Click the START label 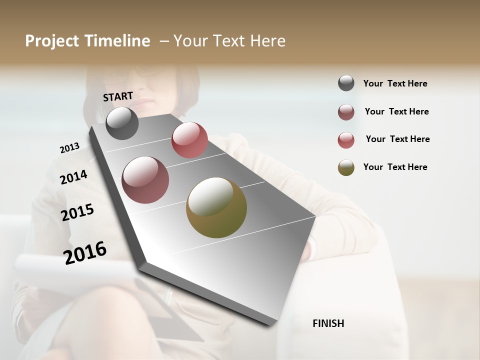tap(118, 96)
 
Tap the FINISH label tap(328, 323)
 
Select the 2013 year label tap(69, 147)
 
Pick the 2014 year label tap(73, 177)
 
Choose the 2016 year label tap(85, 253)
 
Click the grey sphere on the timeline tap(122, 123)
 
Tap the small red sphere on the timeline tap(189, 140)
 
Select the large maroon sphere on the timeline tap(145, 180)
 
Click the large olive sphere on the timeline tap(216, 207)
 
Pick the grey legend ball tap(346, 83)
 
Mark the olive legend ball tap(346, 167)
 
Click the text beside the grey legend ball tap(395, 83)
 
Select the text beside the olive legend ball tap(395, 167)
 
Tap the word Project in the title tap(51, 41)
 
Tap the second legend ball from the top tap(346, 112)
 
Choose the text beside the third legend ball tap(397, 139)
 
